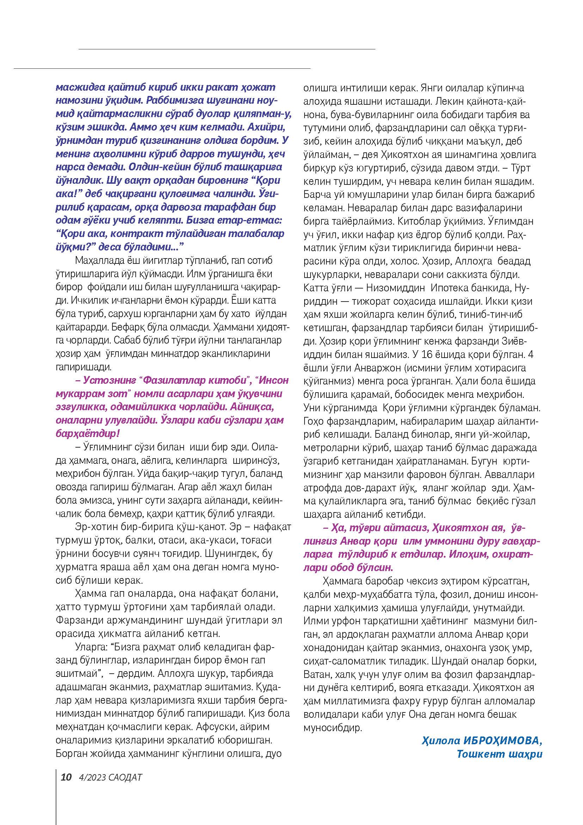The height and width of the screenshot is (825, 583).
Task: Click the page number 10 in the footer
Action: [x=66, y=777]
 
